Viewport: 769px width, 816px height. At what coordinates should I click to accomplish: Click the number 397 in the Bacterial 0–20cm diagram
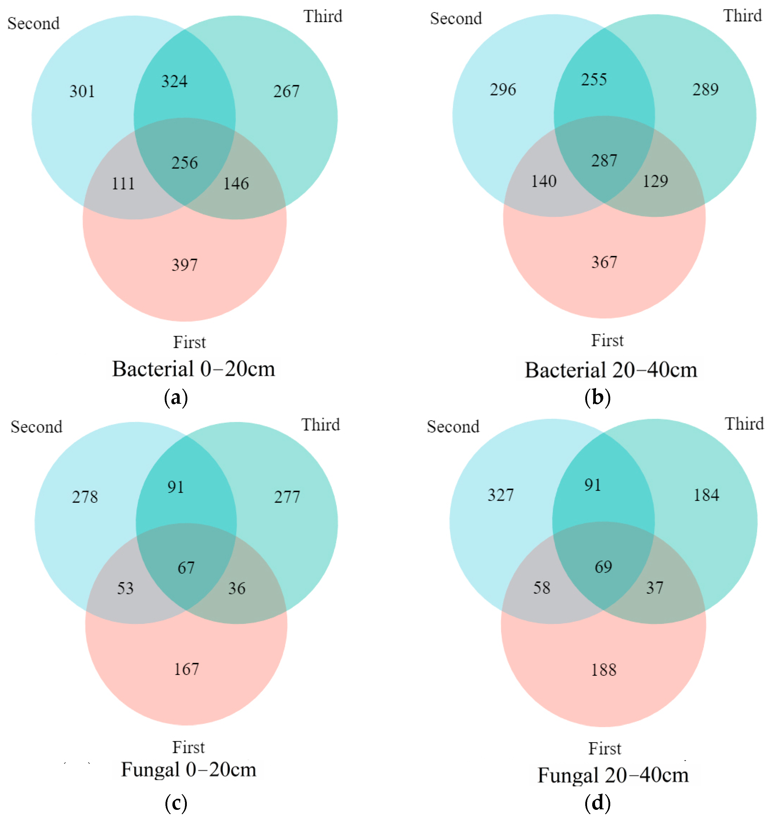pos(185,265)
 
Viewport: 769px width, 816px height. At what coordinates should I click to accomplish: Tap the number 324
pos(174,81)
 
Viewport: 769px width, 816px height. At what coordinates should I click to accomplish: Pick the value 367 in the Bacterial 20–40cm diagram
pos(604,262)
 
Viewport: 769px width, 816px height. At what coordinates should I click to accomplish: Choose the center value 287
pos(604,160)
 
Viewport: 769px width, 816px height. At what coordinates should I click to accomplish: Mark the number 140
pos(544,181)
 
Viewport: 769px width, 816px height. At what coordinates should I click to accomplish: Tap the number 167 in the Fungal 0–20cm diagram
pos(187,669)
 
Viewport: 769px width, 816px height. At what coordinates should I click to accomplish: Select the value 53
pos(126,588)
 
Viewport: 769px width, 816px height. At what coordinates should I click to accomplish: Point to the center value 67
pos(186,568)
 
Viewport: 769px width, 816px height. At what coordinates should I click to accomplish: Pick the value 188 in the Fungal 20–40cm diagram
pos(604,670)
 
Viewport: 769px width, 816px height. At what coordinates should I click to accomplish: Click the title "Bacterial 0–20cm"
pos(194,369)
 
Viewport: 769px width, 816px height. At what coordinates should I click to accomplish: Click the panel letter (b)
pos(597,397)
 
